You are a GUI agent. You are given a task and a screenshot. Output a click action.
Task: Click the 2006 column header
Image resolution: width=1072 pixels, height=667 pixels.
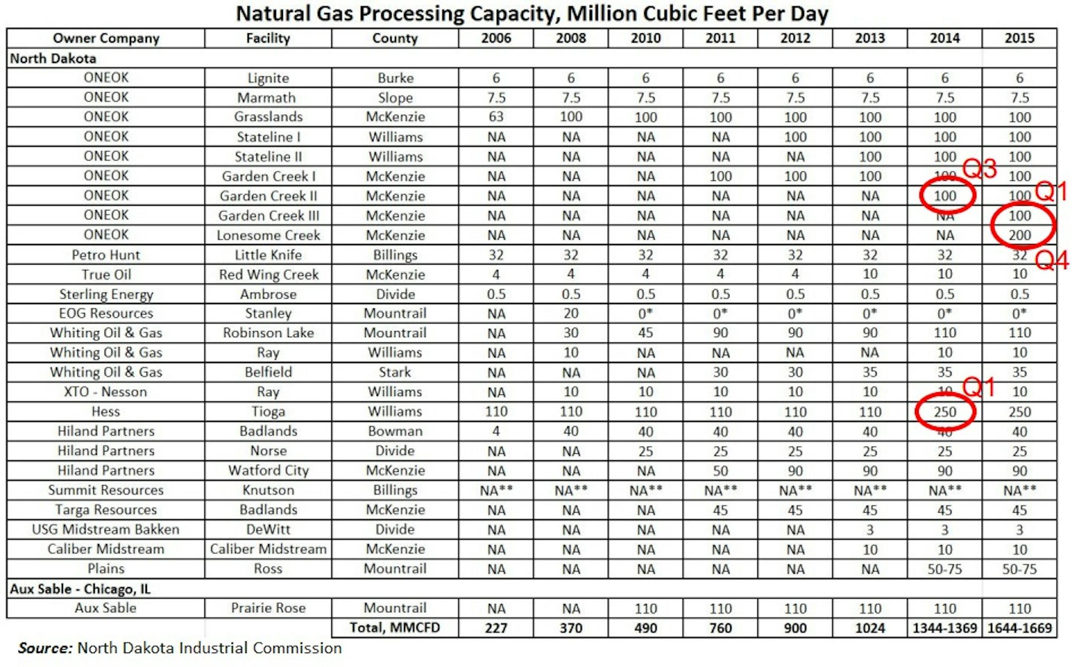click(x=496, y=38)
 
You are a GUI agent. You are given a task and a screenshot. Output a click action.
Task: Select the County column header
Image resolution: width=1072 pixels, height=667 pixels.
click(x=395, y=38)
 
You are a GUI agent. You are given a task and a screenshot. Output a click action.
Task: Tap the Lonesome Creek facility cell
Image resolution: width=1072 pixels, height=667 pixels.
click(x=268, y=235)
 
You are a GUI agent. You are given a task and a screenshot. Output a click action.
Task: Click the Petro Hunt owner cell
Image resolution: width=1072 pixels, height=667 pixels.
click(x=106, y=255)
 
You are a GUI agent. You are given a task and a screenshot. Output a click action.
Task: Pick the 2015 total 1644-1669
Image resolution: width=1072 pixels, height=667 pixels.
click(x=1019, y=628)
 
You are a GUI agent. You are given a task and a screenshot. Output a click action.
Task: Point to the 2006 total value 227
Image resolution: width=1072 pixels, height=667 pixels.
click(x=496, y=628)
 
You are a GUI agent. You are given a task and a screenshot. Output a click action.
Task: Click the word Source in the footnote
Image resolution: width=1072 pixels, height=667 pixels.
click(x=45, y=648)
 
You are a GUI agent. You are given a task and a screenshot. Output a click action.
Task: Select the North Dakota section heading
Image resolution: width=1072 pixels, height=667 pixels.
click(x=53, y=59)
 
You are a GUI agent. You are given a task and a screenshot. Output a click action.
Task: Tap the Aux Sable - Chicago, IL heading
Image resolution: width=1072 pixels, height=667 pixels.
click(x=80, y=589)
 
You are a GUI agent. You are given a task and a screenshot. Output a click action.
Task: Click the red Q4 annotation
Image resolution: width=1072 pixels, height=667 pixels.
click(x=1052, y=260)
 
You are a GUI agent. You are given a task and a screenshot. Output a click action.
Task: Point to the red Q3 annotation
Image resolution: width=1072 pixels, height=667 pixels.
click(x=979, y=169)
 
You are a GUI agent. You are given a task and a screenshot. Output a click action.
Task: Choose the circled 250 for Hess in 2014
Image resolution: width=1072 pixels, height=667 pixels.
click(x=944, y=412)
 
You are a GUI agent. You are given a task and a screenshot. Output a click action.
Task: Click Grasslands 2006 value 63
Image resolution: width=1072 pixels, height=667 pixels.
click(x=496, y=117)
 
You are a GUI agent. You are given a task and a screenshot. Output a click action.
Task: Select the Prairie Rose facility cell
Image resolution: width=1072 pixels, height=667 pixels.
click(x=268, y=608)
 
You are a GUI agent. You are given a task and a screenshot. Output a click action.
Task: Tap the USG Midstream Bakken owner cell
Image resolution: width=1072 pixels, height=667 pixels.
click(x=106, y=530)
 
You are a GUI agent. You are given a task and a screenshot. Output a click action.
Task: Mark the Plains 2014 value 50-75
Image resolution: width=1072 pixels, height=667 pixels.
click(x=944, y=569)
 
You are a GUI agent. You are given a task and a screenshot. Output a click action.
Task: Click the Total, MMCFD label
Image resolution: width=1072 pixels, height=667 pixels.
click(x=395, y=628)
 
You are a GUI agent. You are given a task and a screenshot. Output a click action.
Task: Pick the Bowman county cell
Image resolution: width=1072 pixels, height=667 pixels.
click(x=395, y=431)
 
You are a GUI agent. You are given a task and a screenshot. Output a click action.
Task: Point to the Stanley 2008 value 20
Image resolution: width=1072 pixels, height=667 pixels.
click(x=571, y=313)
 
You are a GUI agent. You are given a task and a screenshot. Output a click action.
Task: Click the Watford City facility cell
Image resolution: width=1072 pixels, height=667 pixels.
click(x=268, y=470)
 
